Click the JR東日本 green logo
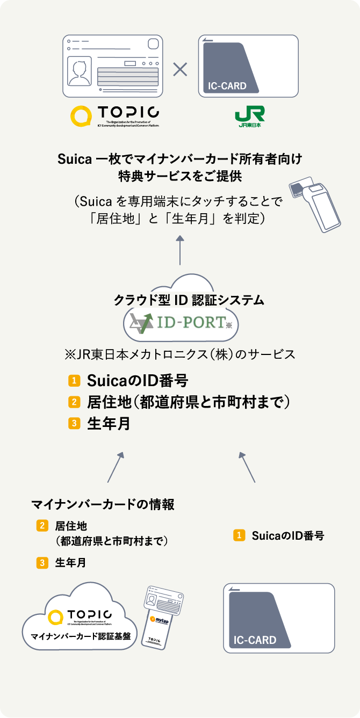[x=249, y=117]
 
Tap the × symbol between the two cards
[x=179, y=68]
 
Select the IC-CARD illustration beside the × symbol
[x=248, y=66]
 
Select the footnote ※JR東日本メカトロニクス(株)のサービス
[x=179, y=355]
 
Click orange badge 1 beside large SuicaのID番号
[x=74, y=381]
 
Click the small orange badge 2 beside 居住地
[x=42, y=526]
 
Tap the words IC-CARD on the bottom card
[x=255, y=640]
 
